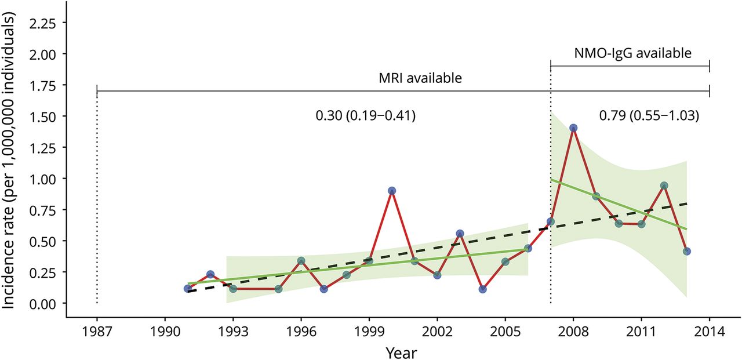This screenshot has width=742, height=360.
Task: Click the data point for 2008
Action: point(573,128)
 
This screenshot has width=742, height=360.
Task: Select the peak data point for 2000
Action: point(392,191)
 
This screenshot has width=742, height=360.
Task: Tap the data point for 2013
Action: point(687,252)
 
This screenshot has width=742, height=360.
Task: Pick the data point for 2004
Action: point(483,289)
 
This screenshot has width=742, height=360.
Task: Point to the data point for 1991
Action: point(188,289)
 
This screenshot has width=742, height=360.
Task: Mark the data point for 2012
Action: point(664,186)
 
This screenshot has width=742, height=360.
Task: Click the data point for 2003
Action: point(460,234)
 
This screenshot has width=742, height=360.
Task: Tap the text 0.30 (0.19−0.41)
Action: point(366,116)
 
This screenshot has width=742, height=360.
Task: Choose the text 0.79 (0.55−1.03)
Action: point(649,116)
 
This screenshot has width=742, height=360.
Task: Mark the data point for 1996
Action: point(301,261)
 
